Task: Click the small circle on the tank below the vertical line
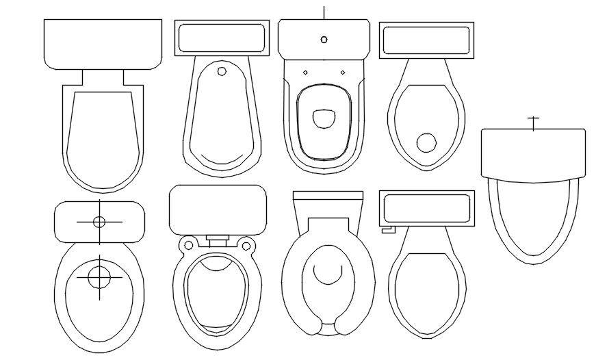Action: pyautogui.click(x=324, y=39)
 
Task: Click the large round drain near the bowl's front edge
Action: pyautogui.click(x=427, y=142)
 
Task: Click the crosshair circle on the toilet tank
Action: pyautogui.click(x=99, y=222)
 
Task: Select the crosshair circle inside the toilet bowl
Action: pyautogui.click(x=100, y=278)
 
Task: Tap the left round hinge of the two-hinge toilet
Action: pyautogui.click(x=186, y=244)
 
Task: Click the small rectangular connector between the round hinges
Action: pyautogui.click(x=218, y=240)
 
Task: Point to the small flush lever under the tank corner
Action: pyautogui.click(x=387, y=230)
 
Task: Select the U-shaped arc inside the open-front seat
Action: pyautogui.click(x=328, y=274)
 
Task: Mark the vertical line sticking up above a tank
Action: pyautogui.click(x=324, y=12)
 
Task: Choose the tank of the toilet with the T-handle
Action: pyautogui.click(x=533, y=153)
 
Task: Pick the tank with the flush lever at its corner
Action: pyautogui.click(x=426, y=208)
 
